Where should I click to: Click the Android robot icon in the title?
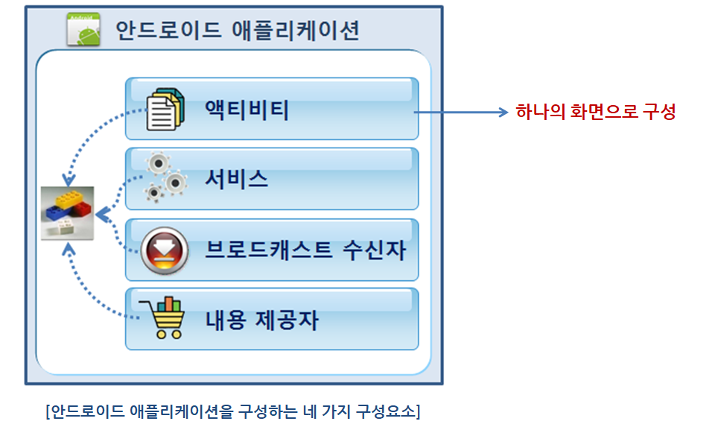pyautogui.click(x=83, y=29)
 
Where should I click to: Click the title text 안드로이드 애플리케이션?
pyautogui.click(x=238, y=31)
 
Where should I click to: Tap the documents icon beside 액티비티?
pyautogui.click(x=165, y=110)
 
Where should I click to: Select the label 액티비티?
pyautogui.click(x=247, y=110)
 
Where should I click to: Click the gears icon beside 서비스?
pyautogui.click(x=165, y=177)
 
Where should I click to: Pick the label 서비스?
pyautogui.click(x=236, y=179)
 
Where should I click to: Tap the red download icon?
pyautogui.click(x=165, y=250)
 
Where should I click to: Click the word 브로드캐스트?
pyautogui.click(x=268, y=250)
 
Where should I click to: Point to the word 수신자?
pyautogui.click(x=375, y=250)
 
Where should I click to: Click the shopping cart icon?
pyautogui.click(x=163, y=317)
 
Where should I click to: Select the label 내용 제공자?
pyautogui.click(x=261, y=320)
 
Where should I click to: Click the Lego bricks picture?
pyautogui.click(x=67, y=213)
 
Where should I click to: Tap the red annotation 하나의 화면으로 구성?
pyautogui.click(x=595, y=112)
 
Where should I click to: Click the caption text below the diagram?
pyautogui.click(x=232, y=411)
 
